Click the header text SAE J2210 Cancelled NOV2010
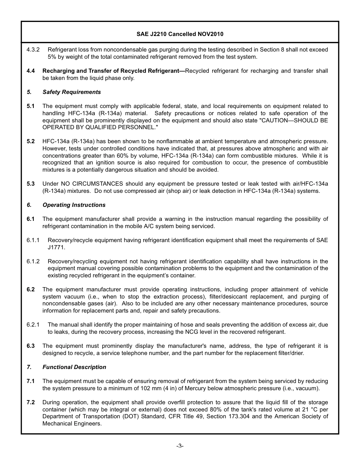180,34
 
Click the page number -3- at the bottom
180,446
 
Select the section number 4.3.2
33,50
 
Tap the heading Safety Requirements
72,92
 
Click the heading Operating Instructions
74,205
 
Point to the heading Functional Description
74,367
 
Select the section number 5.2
31,141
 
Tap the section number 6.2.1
33,325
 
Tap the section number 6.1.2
33,261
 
